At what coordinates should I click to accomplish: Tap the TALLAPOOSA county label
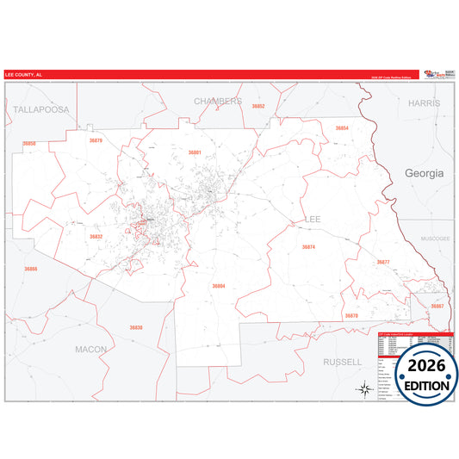[40, 110]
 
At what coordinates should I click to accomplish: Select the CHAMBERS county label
[218, 101]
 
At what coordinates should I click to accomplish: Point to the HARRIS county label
[425, 102]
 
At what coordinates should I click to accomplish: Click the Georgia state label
[425, 173]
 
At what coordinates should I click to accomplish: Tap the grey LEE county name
[313, 220]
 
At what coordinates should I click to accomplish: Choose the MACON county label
[91, 349]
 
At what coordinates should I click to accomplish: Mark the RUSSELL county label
[343, 362]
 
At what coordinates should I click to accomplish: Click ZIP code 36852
[258, 106]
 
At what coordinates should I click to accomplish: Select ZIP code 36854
[342, 128]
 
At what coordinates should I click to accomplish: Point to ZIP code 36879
[96, 140]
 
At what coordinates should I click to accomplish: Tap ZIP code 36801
[195, 152]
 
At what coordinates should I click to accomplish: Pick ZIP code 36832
[96, 236]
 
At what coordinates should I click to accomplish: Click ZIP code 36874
[309, 247]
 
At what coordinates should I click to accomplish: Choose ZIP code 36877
[383, 262]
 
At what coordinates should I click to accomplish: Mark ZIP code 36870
[351, 316]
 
